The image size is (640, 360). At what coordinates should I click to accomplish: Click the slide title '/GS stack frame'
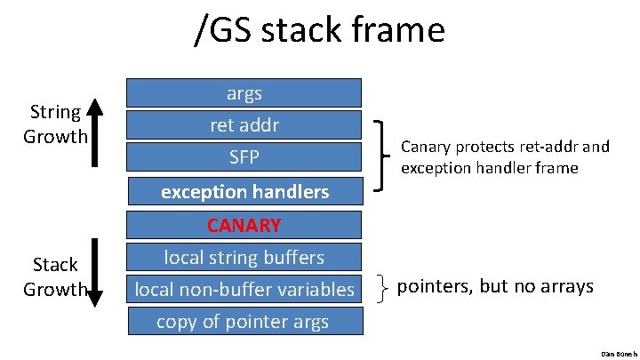click(319, 31)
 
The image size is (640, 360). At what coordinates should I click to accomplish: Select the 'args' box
click(244, 92)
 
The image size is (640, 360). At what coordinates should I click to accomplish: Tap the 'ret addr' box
click(244, 125)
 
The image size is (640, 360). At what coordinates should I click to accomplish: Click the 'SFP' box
click(244, 157)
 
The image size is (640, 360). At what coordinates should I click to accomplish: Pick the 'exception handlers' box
click(244, 191)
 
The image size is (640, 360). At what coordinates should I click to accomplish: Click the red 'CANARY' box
click(244, 224)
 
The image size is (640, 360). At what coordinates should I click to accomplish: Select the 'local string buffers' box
click(244, 257)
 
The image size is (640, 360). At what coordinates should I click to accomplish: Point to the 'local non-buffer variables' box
click(244, 289)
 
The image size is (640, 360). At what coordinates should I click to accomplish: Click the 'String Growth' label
click(55, 124)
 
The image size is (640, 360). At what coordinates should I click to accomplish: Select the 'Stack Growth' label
click(55, 276)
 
